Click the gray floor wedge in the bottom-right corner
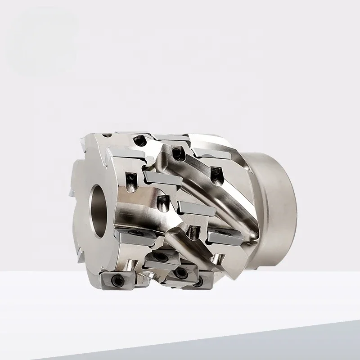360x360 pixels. (315, 342)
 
